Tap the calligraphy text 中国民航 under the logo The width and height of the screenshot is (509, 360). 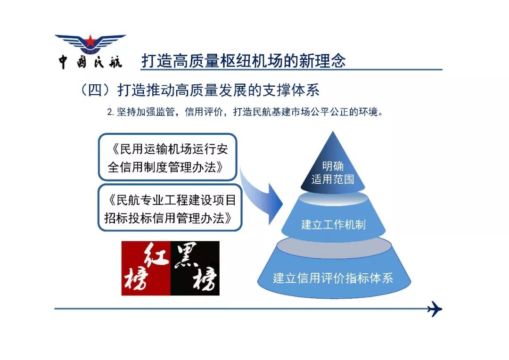tap(90, 61)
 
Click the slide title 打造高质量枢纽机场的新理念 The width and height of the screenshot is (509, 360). tap(244, 61)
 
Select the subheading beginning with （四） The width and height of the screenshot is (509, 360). tap(199, 90)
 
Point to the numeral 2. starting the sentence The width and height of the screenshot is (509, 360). tap(110, 112)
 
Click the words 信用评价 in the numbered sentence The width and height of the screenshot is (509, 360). tap(204, 112)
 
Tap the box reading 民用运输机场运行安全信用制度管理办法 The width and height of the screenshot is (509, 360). tap(167, 157)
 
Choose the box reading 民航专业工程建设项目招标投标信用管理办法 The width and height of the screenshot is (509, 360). tap(170, 208)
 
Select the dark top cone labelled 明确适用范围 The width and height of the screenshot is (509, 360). tap(333, 165)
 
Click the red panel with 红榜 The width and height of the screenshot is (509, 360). tap(146, 268)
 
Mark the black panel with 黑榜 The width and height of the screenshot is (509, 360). tap(195, 268)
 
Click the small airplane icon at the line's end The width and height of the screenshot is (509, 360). tap(435, 309)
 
